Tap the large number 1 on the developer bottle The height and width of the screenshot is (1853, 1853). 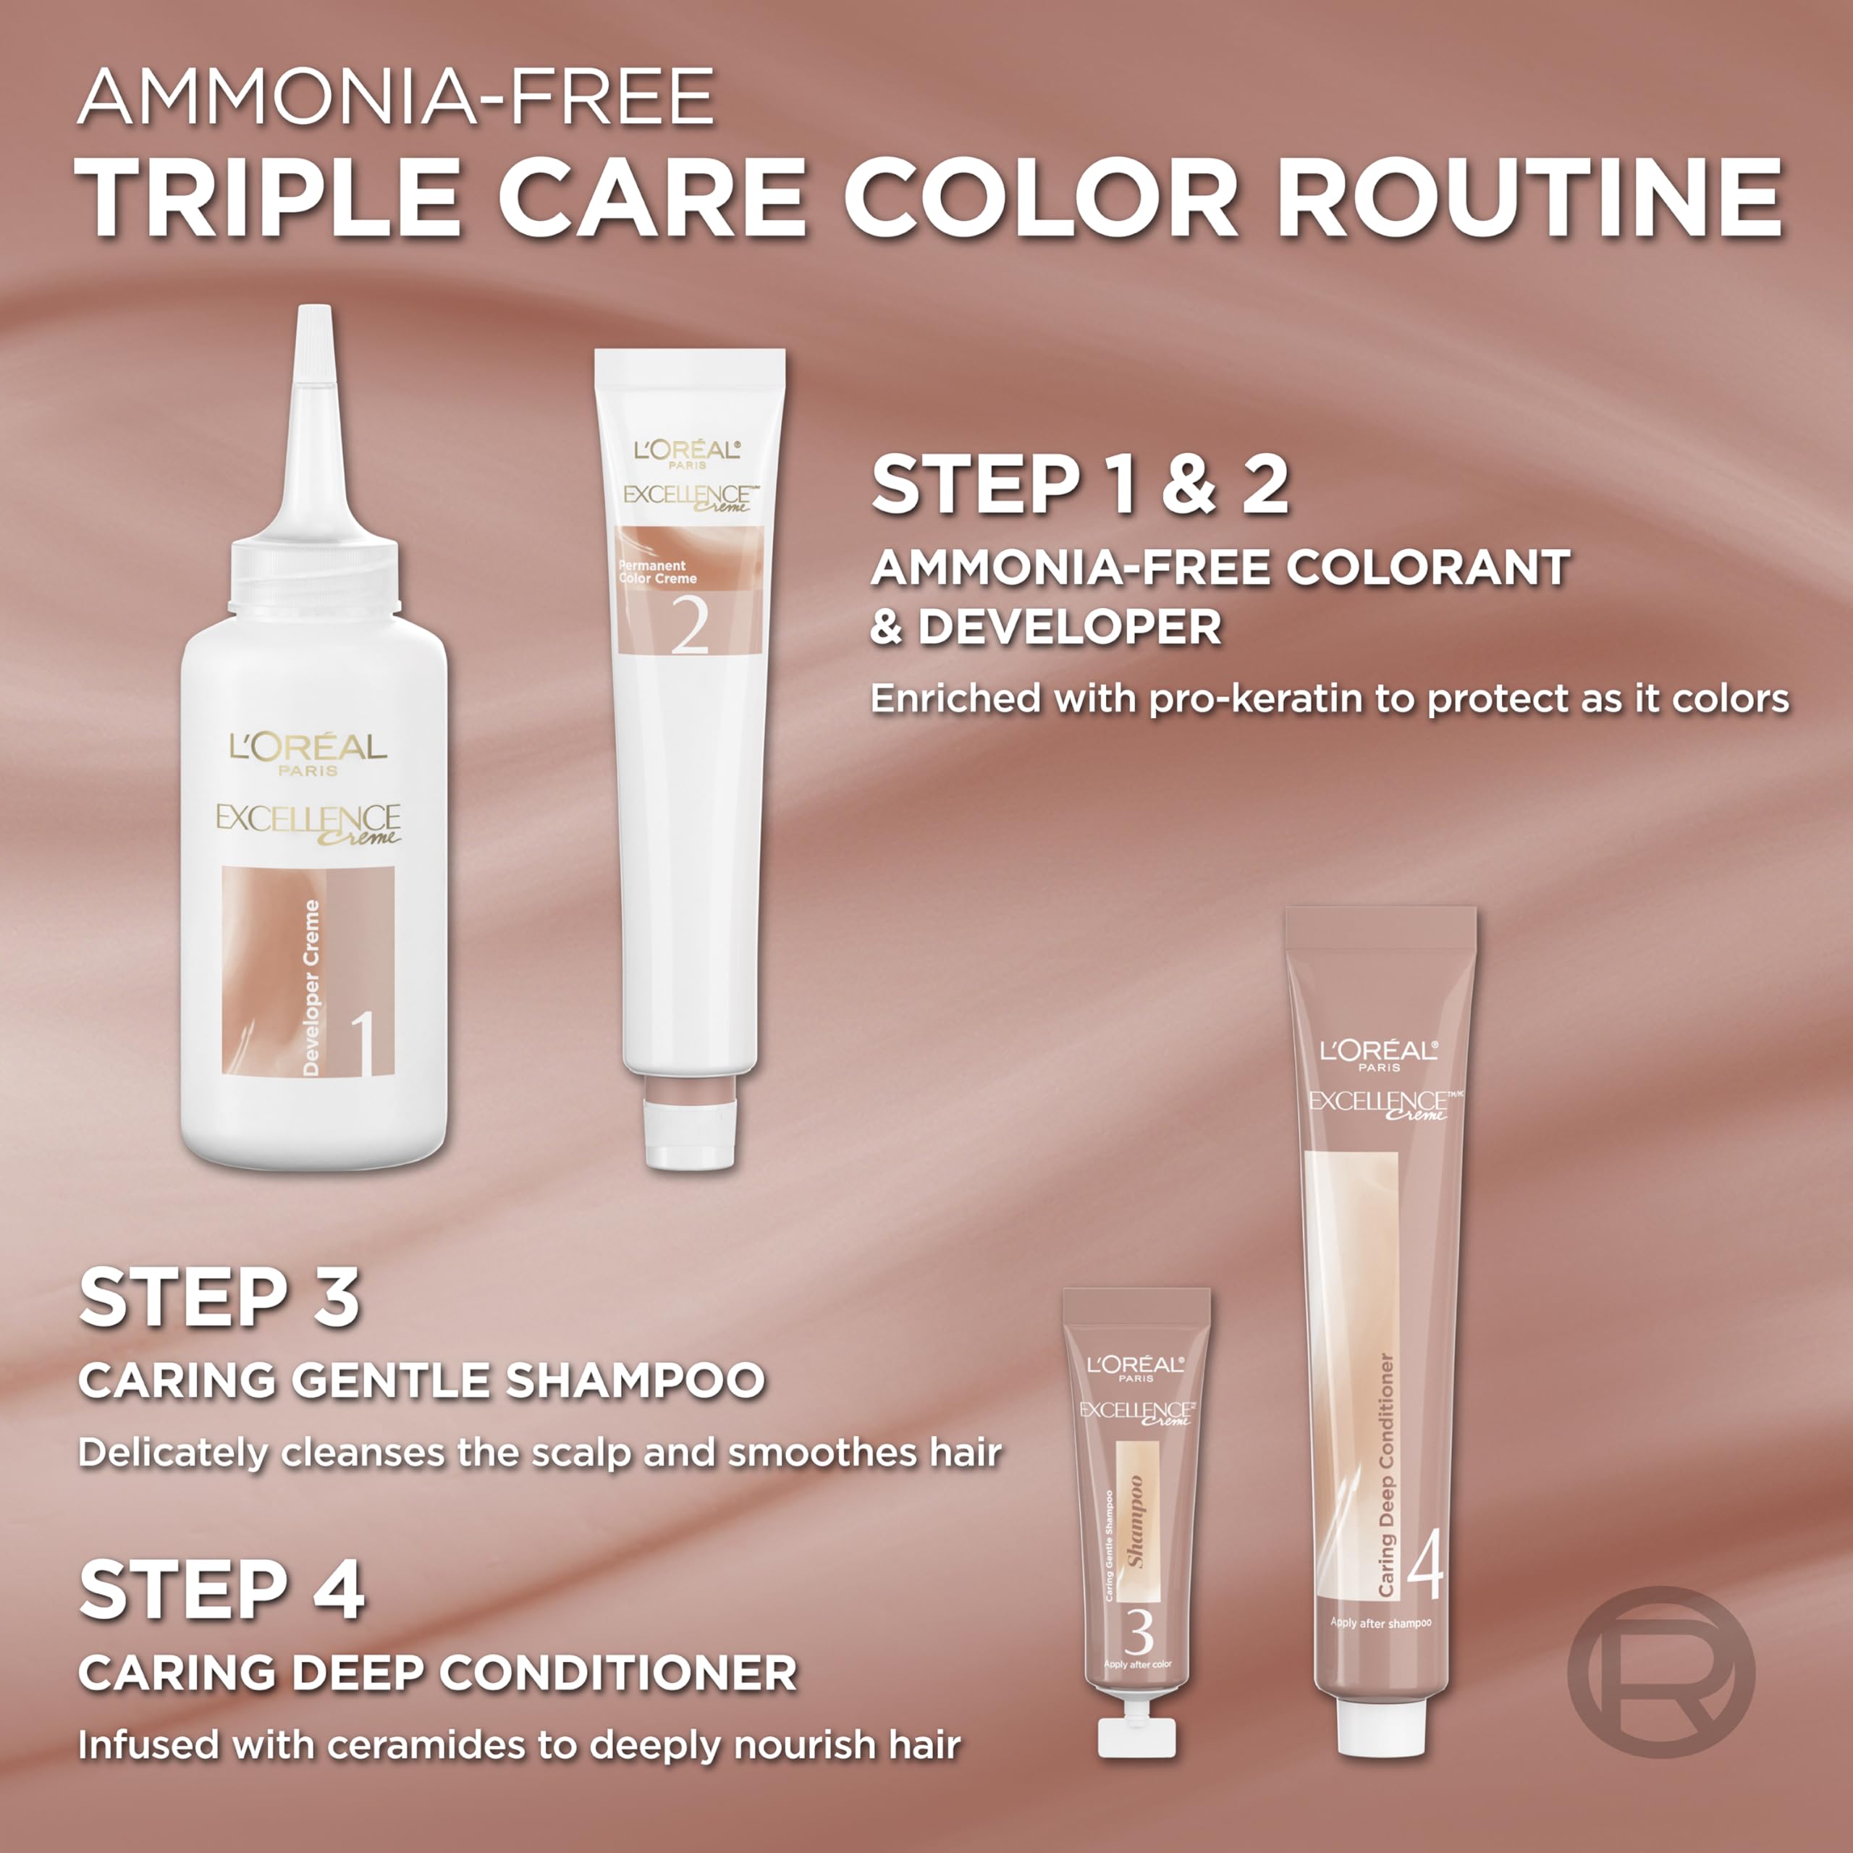point(362,1044)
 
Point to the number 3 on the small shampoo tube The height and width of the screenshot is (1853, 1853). point(1139,1632)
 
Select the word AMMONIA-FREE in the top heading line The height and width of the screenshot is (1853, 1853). point(396,96)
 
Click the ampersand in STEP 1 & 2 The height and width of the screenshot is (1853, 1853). point(1189,484)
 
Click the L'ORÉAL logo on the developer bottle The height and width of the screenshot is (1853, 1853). point(308,747)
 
